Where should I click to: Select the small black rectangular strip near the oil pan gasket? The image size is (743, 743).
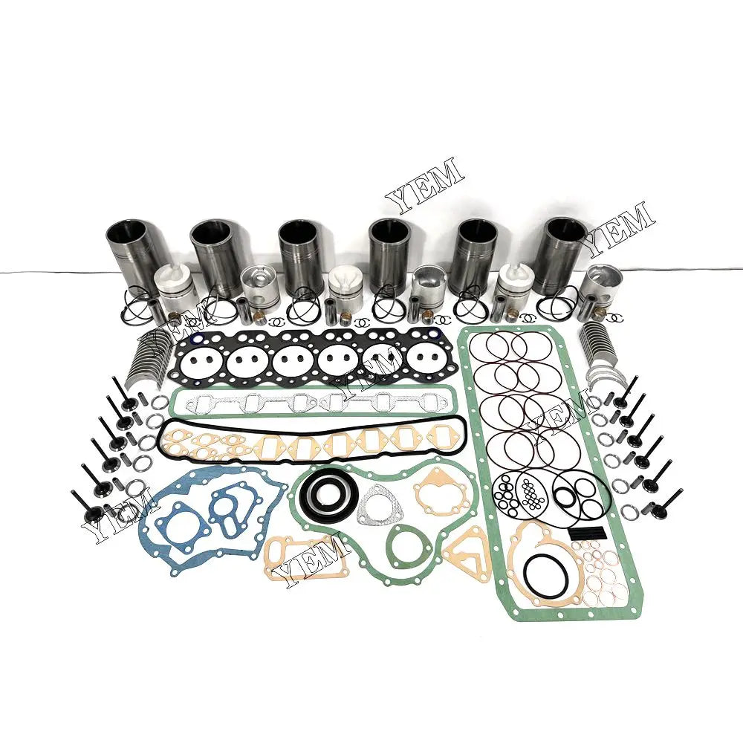(584, 533)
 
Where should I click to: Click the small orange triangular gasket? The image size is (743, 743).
(467, 549)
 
